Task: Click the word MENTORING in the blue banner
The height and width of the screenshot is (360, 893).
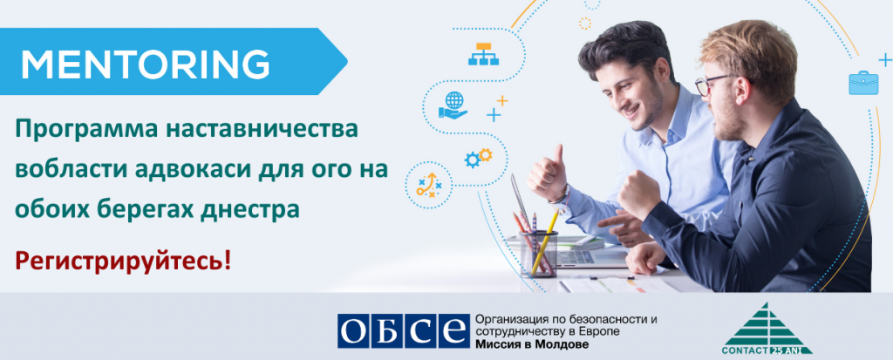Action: [146, 64]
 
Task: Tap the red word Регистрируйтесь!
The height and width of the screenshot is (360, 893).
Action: [124, 261]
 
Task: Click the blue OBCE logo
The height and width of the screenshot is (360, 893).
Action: [403, 331]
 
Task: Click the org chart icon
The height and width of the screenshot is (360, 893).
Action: [483, 53]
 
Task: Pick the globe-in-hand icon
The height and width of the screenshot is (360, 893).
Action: [453, 105]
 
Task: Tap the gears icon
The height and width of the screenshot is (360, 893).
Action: [478, 157]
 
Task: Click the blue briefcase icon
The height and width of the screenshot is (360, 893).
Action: [863, 82]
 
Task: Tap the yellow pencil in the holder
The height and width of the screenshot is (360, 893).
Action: [544, 241]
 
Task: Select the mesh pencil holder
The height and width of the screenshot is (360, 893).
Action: [538, 254]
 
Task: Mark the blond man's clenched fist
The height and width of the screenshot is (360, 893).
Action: [637, 194]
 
